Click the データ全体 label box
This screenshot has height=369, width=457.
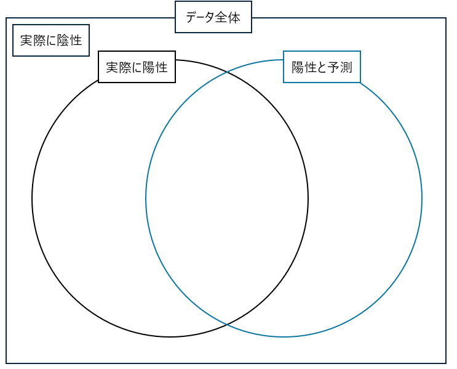(213, 17)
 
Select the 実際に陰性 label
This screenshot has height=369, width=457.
(51, 41)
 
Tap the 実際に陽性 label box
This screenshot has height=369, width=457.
(137, 67)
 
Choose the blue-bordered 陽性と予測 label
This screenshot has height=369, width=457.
(322, 67)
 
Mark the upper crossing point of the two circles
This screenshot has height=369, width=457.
(227, 73)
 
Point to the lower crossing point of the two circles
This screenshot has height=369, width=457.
(227, 324)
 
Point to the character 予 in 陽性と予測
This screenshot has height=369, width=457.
(334, 67)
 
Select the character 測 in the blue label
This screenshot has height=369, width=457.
(346, 67)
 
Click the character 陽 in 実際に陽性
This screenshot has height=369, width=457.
(149, 67)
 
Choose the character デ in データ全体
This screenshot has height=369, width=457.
(190, 17)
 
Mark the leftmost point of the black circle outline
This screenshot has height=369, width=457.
(32, 198)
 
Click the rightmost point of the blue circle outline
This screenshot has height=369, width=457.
(422, 198)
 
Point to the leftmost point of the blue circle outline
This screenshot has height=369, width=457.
(146, 198)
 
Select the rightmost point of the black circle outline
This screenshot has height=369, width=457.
(308, 198)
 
